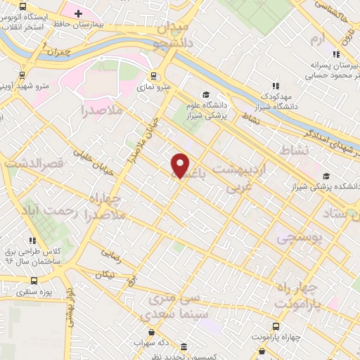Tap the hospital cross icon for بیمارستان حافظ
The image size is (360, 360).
click(78, 13)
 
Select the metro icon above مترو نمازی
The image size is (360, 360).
click(154, 77)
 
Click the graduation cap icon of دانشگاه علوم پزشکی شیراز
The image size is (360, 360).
click(206, 95)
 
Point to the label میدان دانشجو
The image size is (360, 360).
click(167, 35)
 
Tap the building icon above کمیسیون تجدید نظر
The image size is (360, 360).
click(184, 347)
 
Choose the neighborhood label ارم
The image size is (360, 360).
click(319, 38)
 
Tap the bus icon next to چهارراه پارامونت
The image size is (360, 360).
click(275, 326)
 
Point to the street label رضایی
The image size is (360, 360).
click(111, 251)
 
